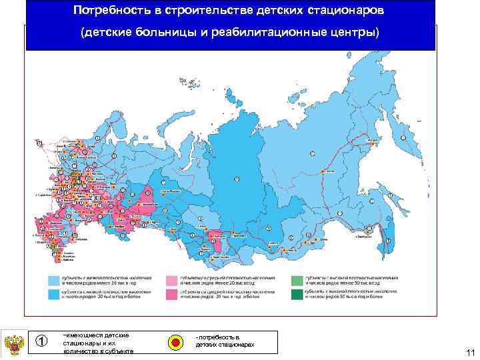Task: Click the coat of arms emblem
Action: tap(13, 345)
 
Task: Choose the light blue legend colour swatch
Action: tap(53, 279)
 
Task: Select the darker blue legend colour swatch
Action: tap(53, 293)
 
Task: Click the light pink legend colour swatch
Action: tap(172, 279)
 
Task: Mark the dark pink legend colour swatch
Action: tap(172, 293)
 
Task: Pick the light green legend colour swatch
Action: tap(295, 279)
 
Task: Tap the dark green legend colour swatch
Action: tap(295, 293)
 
